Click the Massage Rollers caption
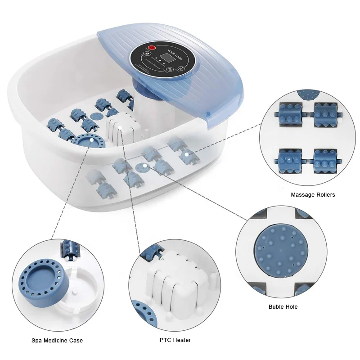[313, 195]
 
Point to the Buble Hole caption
[283, 307]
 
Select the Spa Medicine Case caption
[57, 340]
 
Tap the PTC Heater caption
[175, 340]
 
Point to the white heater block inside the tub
[119, 130]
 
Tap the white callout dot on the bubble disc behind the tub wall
[144, 166]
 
